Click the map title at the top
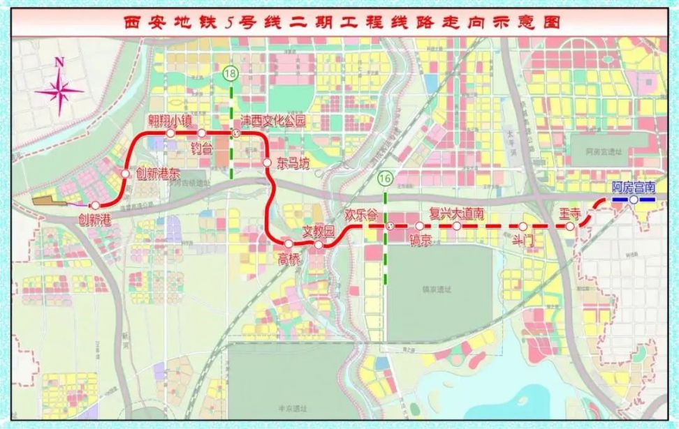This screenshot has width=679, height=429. click(339, 22)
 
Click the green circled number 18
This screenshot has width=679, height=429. click(230, 72)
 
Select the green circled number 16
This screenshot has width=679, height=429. click(384, 179)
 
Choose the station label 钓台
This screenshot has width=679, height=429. click(202, 147)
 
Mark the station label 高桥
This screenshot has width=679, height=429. click(288, 259)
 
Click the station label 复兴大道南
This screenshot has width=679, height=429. click(456, 213)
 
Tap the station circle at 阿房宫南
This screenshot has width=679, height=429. click(633, 200)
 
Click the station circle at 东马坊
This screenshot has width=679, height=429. click(267, 163)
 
